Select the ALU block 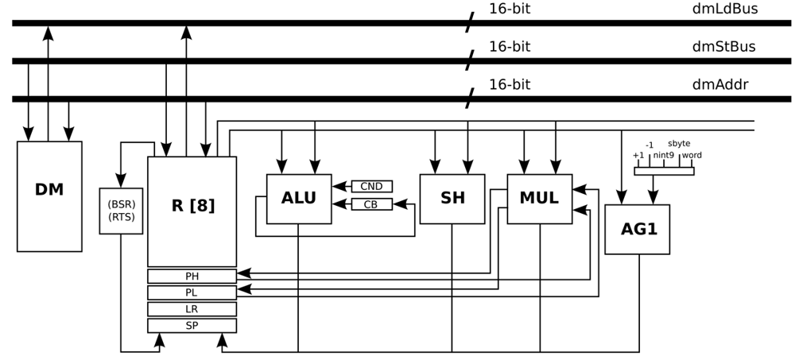tap(298, 198)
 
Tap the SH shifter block tap(452, 198)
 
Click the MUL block tap(539, 198)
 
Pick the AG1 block tap(637, 229)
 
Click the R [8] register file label tap(192, 205)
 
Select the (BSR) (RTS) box tap(121, 211)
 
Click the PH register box tap(192, 276)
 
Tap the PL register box tap(192, 292)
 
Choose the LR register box tap(192, 309)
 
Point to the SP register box tap(192, 326)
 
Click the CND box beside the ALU tap(371, 187)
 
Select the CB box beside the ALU tap(371, 204)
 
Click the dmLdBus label tap(724, 10)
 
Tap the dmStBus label tap(723, 47)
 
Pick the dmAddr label tap(719, 84)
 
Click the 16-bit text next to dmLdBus tap(509, 10)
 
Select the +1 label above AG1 tap(638, 155)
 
